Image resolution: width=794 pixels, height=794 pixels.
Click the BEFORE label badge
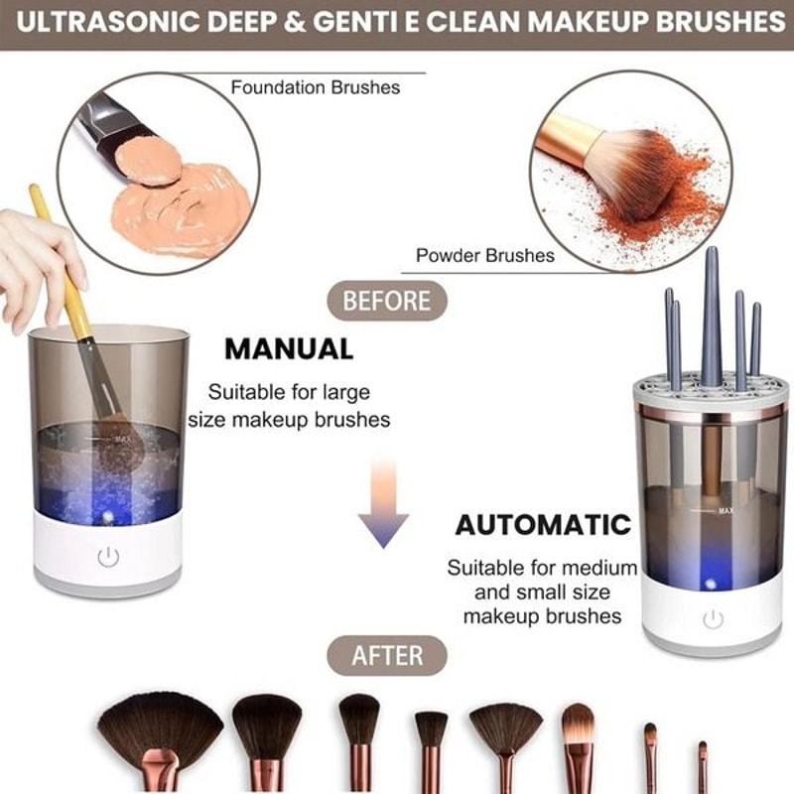coord(387,300)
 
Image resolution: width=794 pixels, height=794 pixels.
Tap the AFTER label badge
coord(387,655)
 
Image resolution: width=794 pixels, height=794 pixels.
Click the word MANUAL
coord(289,348)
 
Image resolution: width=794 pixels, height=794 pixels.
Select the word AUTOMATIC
coord(543,524)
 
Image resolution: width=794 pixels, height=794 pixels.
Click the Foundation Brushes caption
coord(316,87)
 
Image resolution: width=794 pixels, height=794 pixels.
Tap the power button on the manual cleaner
coord(108,558)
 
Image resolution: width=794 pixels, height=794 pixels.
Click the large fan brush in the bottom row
coord(160,729)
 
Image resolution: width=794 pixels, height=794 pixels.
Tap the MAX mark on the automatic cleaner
coord(726,510)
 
